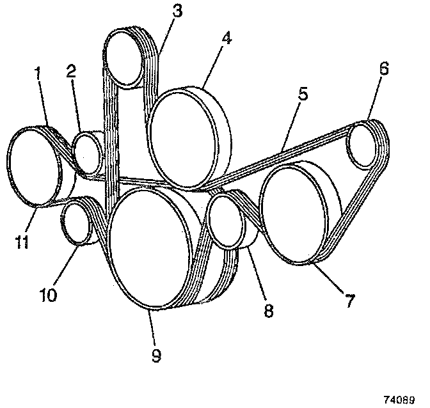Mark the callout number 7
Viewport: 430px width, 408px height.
349,301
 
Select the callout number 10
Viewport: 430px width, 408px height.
49,295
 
